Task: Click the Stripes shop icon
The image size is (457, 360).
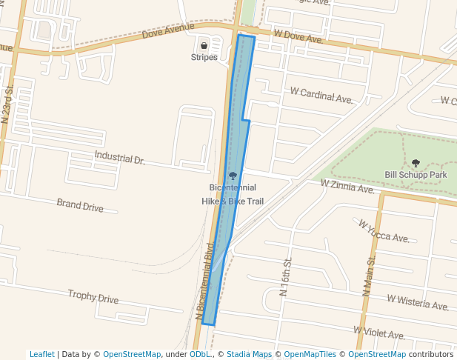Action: tap(204, 46)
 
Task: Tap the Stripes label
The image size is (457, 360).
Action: tap(204, 58)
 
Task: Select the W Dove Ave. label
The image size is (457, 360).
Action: tap(298, 36)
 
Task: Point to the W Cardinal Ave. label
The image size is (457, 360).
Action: tap(321, 96)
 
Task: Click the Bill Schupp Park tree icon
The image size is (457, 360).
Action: tap(416, 163)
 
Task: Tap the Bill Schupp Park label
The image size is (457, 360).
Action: tap(416, 175)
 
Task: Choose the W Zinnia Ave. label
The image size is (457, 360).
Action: tap(348, 187)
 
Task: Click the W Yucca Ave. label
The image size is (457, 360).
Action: tap(384, 230)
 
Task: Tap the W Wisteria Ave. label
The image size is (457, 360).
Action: tap(418, 302)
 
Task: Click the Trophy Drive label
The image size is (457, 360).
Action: tap(93, 297)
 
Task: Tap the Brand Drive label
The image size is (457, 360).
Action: tap(80, 204)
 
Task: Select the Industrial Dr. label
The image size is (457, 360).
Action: tap(119, 158)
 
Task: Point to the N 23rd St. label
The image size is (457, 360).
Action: tap(8, 103)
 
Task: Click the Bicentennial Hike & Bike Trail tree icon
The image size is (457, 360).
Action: tap(233, 176)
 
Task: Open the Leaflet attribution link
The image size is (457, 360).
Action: tap(41, 354)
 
